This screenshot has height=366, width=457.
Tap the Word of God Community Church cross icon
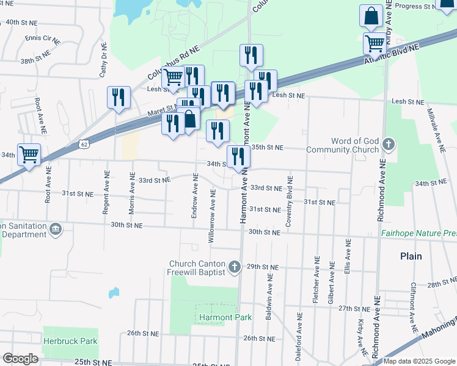[388, 145]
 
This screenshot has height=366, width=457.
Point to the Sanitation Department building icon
[56, 229]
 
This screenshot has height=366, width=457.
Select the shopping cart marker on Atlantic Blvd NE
[374, 43]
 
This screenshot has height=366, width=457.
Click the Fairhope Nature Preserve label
[419, 233]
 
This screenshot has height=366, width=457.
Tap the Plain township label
[411, 256]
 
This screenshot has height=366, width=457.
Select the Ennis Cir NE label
[42, 38]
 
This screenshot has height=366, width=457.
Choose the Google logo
[20, 359]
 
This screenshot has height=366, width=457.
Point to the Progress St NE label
[419, 6]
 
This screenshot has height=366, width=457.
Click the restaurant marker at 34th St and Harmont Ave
[238, 156]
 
